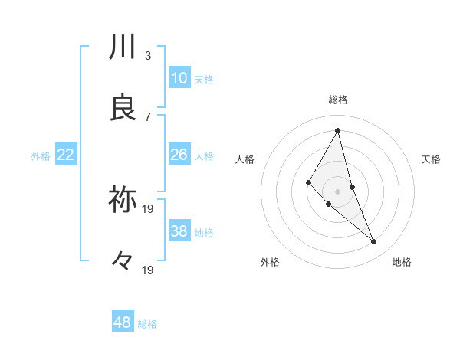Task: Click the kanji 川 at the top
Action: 123,47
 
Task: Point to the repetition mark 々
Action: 123,261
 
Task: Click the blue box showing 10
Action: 179,78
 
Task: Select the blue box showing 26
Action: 179,155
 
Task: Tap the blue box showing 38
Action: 179,231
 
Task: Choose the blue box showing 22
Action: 66,155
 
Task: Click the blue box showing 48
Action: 123,322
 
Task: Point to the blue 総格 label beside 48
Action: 147,324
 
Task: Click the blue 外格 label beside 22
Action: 41,156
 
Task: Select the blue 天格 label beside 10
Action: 204,80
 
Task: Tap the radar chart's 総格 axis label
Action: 338,100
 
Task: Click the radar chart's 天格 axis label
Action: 432,159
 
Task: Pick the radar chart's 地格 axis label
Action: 402,262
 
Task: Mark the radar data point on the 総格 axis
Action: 338,130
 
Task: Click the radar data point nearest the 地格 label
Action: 374,242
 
